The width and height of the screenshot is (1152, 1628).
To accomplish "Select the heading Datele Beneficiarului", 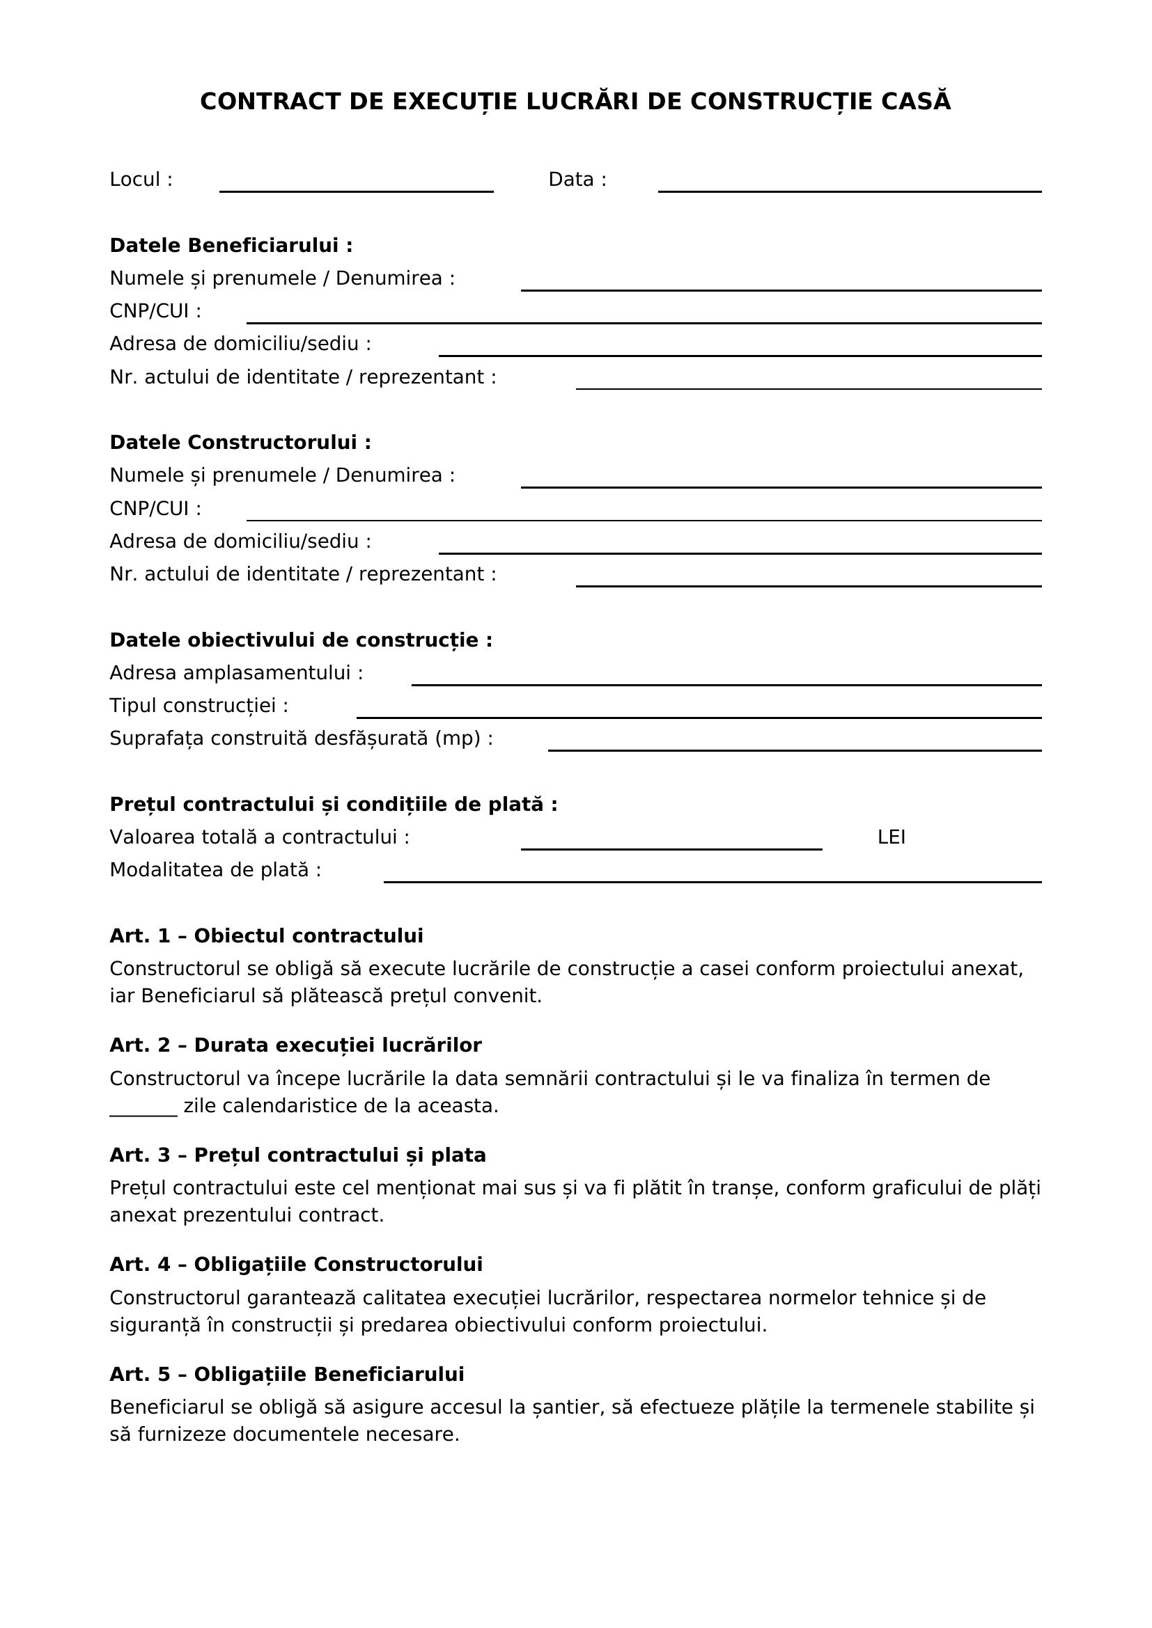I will [231, 245].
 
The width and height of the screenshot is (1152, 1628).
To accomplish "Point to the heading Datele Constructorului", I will [240, 443].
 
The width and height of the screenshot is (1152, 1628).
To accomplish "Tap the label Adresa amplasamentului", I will [235, 673].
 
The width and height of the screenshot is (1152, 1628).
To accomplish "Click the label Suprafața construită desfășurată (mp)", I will [301, 739].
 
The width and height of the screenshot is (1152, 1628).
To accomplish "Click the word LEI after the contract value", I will [891, 837].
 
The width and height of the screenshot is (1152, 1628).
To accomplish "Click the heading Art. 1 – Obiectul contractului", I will [266, 936].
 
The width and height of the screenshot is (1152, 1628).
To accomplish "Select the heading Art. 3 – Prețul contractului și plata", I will [297, 1155].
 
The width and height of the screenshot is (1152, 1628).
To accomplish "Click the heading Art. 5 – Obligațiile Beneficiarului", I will [286, 1375].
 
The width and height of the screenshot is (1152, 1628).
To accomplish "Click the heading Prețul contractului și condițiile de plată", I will [334, 805].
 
